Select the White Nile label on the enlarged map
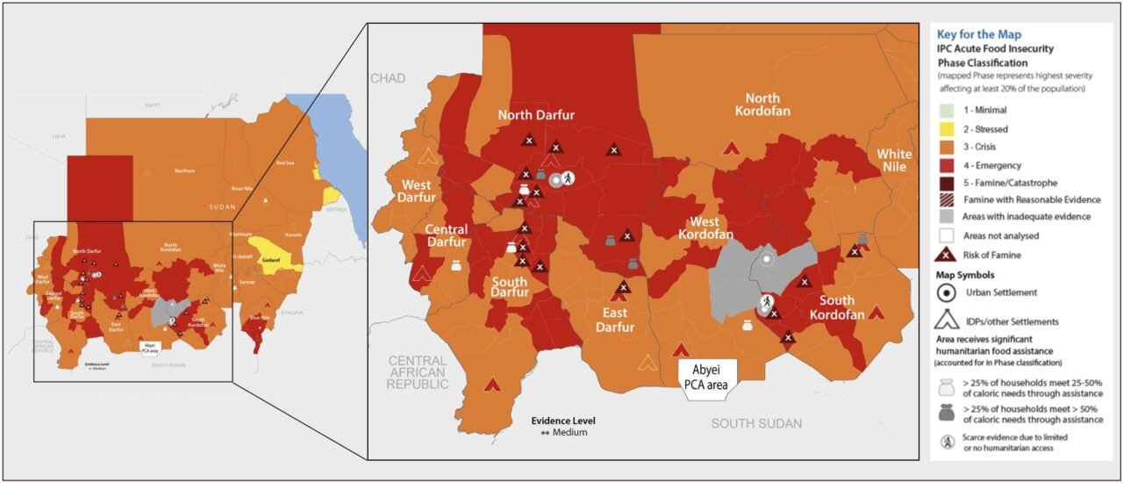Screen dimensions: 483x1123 tap(895, 161)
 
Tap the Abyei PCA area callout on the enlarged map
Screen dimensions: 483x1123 tap(708, 377)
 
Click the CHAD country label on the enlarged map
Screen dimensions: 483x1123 tap(388, 78)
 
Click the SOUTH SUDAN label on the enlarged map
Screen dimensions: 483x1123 tap(756, 423)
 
